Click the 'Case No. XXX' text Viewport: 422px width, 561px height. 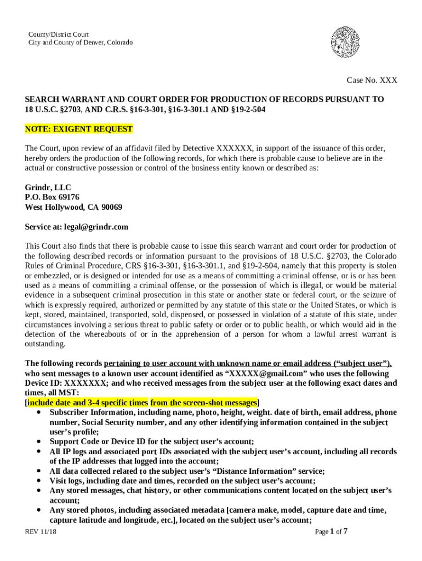372,81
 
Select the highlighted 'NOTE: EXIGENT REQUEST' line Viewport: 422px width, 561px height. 79,129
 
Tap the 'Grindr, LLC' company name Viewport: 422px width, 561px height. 48,187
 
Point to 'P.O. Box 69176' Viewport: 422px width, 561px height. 52,197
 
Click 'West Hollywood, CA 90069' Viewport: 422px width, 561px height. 73,207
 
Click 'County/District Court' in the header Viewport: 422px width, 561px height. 59,35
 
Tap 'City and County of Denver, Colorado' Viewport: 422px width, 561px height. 81,43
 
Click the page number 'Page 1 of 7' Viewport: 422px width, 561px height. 332,531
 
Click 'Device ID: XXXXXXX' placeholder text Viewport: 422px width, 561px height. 66,383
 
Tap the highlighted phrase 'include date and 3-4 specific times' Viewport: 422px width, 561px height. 87,403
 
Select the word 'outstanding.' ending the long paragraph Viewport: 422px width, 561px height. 45,344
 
